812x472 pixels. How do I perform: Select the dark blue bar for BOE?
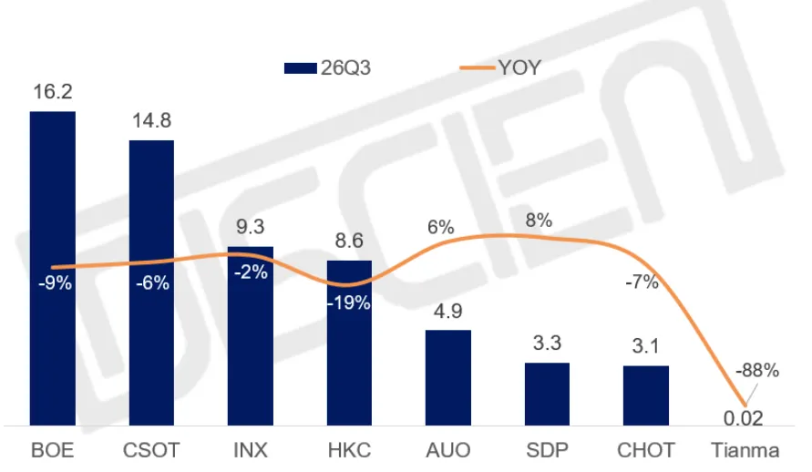tap(52, 268)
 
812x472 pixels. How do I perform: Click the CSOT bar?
tap(151, 282)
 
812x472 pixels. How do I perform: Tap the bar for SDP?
tap(547, 394)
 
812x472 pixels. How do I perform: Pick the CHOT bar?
tap(646, 395)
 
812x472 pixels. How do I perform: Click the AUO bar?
tap(448, 378)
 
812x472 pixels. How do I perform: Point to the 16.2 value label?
tap(52, 92)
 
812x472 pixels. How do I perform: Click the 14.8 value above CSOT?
tap(151, 120)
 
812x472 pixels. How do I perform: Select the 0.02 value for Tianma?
tap(743, 418)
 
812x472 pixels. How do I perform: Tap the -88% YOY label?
tap(756, 370)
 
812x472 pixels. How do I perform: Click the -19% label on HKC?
tap(348, 303)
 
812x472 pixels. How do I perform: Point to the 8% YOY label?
tap(539, 220)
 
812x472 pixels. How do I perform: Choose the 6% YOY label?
tap(441, 227)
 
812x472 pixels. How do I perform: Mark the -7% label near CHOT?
tap(642, 282)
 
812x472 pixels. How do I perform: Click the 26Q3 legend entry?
tap(327, 67)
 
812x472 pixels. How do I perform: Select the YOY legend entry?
tap(500, 67)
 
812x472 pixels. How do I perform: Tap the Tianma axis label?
tap(745, 450)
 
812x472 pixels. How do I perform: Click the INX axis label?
tap(250, 450)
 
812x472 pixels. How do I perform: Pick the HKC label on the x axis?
tap(349, 450)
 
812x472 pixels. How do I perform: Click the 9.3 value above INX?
tap(250, 227)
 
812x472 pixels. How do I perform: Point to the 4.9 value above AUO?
tap(448, 311)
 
